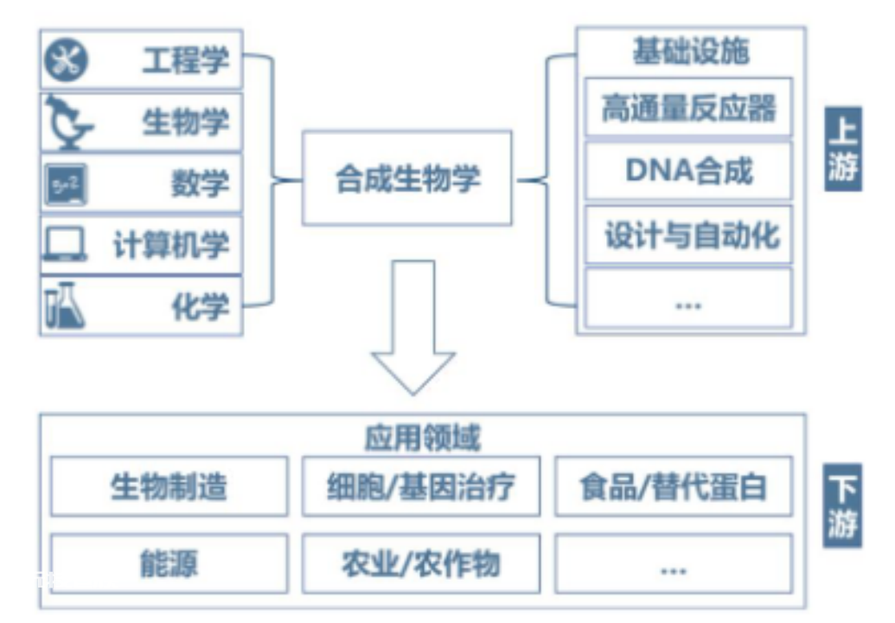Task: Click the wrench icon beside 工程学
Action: click(67, 60)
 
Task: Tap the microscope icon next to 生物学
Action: click(69, 122)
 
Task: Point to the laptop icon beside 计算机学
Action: click(66, 244)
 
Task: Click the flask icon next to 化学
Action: click(65, 305)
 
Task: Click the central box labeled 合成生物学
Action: click(407, 178)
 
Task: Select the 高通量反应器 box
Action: click(689, 106)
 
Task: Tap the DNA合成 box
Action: click(689, 170)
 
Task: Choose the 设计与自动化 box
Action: click(689, 234)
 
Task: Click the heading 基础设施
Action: click(691, 51)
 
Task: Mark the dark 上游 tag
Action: click(843, 149)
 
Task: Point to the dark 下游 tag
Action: click(842, 506)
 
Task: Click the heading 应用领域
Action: click(422, 438)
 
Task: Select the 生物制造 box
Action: click(169, 486)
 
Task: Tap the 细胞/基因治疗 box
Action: click(421, 486)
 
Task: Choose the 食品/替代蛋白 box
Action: click(674, 486)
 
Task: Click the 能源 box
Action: click(169, 563)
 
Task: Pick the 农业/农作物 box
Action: click(421, 563)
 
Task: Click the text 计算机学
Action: click(171, 245)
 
